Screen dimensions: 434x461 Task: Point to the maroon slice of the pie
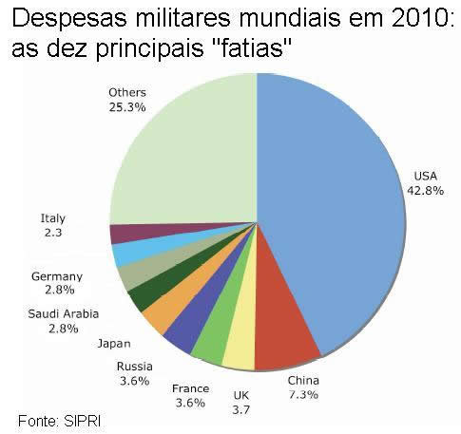point(125,234)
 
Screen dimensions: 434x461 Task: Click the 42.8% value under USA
point(425,190)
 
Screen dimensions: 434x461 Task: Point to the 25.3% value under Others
point(127,107)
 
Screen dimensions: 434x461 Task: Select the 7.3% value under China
point(303,394)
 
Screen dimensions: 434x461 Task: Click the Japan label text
point(113,343)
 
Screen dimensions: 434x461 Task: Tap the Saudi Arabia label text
point(62,313)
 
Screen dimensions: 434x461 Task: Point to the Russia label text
point(134,367)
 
